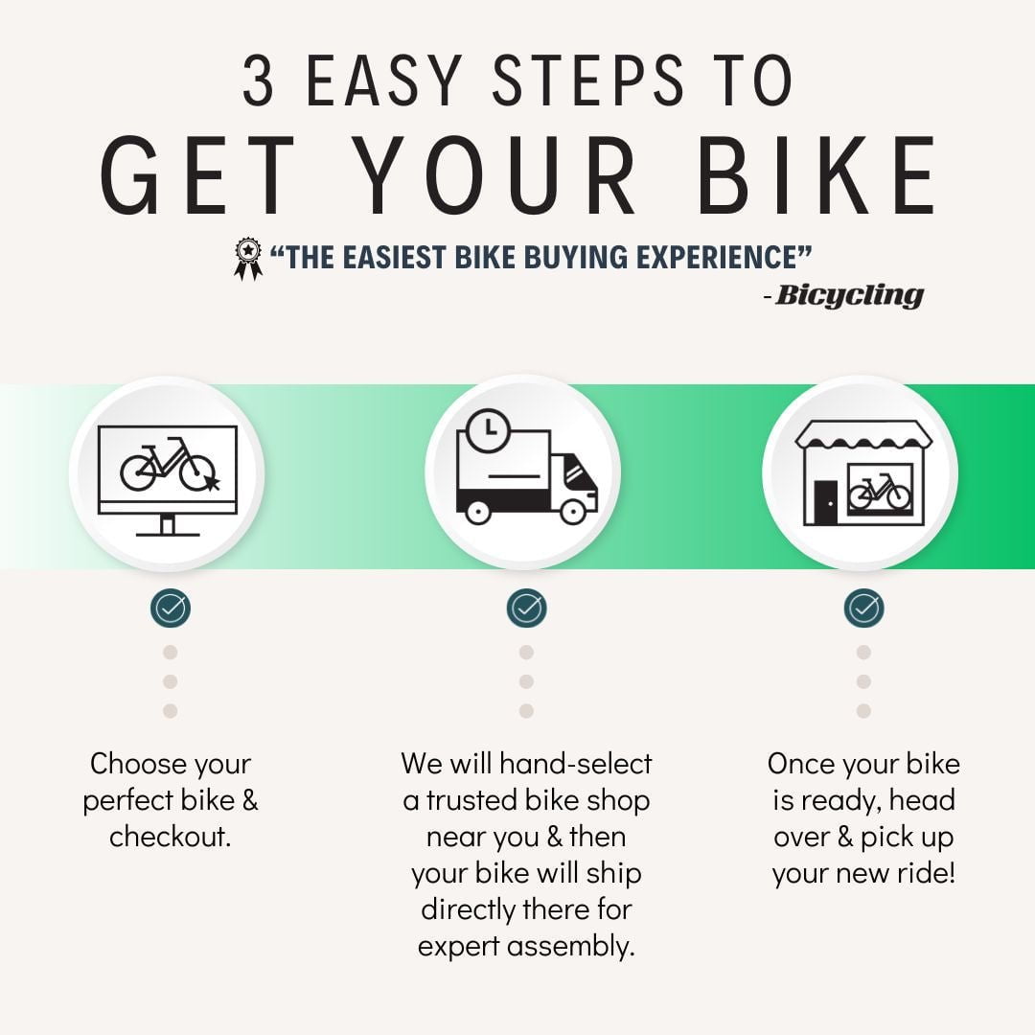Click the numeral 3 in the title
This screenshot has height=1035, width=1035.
pos(258,80)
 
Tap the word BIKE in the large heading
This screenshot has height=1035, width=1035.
pos(816,175)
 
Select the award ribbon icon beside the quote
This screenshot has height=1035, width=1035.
pos(247,258)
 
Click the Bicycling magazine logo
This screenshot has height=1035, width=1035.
pos(849,295)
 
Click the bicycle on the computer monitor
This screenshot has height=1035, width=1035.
pos(168,465)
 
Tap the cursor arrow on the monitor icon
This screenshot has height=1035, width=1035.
pos(211,482)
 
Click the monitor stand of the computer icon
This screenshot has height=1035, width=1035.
pos(168,525)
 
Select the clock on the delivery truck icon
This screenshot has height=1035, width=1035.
pos(488,429)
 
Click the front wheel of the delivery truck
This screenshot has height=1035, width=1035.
pos(572,512)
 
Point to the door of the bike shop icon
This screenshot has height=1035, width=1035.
pos(825,502)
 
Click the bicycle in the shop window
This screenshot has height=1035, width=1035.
pos(879,491)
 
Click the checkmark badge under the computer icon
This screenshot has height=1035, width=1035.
pos(171,608)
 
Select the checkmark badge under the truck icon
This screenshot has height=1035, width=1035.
pos(526,608)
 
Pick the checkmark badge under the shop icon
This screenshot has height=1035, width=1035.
pos(863,608)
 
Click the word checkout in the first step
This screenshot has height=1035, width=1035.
pos(170,837)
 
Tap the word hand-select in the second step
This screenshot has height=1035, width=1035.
pos(576,764)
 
